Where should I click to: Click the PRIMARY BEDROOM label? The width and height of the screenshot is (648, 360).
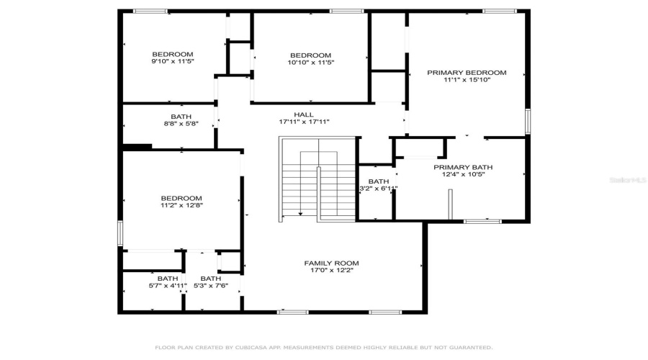coord(467,73)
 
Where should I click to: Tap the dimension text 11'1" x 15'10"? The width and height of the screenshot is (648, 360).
coord(467,81)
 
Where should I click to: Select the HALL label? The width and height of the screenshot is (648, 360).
coord(304,114)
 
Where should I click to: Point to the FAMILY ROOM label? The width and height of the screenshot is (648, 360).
coord(331,264)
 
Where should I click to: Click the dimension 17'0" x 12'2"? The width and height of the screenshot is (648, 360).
coord(331,271)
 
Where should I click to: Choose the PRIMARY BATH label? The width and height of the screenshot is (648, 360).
coord(463,168)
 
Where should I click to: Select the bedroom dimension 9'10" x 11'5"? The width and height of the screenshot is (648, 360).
coord(173,63)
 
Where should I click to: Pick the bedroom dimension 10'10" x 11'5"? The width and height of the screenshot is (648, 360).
coord(310,63)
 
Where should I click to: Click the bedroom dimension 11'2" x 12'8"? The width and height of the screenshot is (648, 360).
coord(181,206)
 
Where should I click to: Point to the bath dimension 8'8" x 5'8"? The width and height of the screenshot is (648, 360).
coord(181,124)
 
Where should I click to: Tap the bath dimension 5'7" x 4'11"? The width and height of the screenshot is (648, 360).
coord(167,286)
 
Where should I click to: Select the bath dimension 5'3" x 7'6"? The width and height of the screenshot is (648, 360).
coord(211,286)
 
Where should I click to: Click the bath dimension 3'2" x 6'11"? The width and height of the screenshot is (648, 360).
coord(379,189)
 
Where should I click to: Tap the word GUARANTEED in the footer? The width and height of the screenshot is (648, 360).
coord(469,348)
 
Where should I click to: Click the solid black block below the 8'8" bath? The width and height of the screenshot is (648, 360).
coord(137,147)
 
